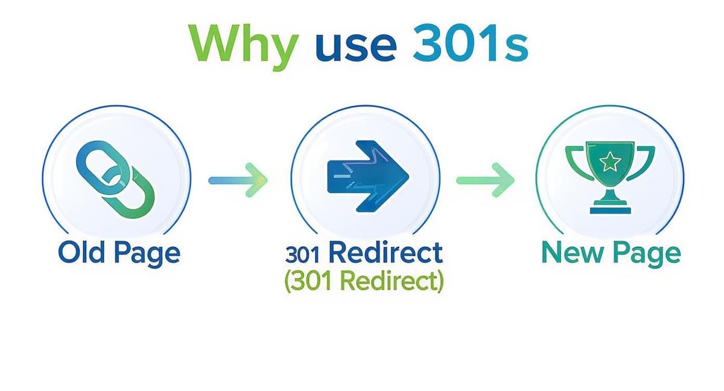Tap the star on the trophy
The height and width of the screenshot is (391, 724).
[x=611, y=161]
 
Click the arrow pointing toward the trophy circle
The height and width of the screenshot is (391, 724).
[x=485, y=180]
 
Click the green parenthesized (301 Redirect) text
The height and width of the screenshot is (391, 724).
[x=363, y=281]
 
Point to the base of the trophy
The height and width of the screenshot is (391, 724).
[x=610, y=209]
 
